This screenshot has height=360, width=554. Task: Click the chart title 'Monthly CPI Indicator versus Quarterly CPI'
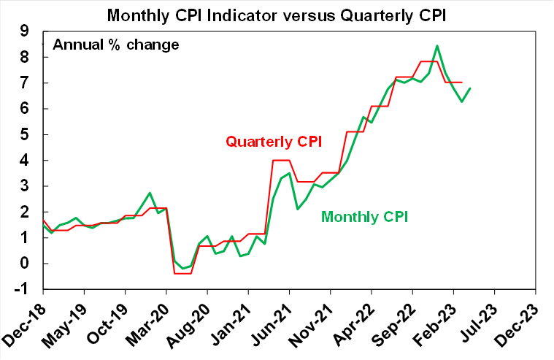pos(277,14)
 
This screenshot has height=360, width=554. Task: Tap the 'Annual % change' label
pos(115,45)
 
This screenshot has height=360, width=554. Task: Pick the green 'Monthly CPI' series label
pos(364,217)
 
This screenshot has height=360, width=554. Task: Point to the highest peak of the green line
pos(436,46)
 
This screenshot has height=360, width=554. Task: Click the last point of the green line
pos(470,88)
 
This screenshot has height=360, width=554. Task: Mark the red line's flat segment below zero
pos(183,273)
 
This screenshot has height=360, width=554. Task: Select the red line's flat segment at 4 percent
pos(281,160)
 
